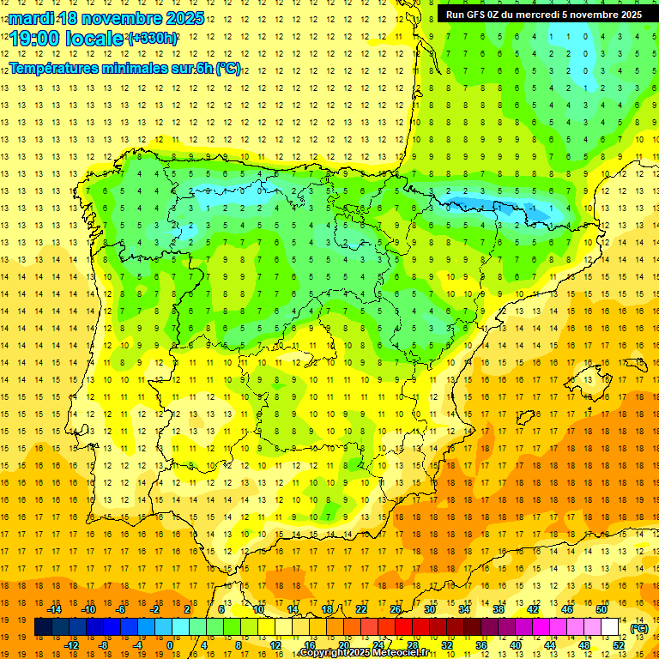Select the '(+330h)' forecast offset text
point(153,39)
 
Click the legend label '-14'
point(55,609)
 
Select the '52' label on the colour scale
point(619,644)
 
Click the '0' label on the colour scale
point(169,644)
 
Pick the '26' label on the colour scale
point(396,609)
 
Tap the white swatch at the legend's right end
point(609,627)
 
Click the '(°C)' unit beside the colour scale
point(639,628)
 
